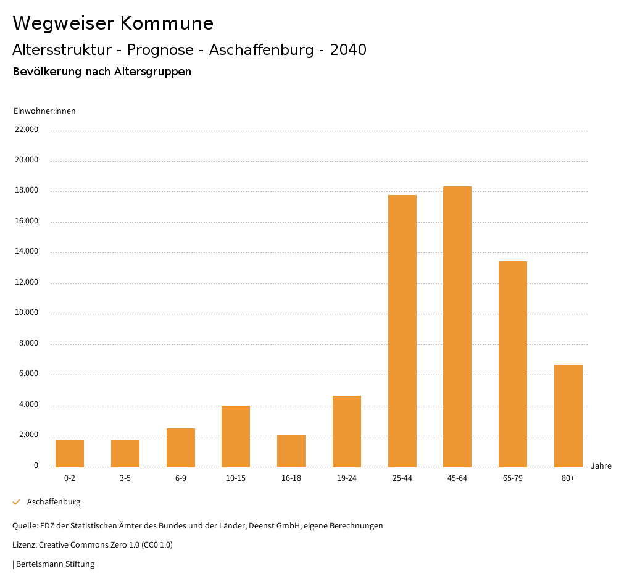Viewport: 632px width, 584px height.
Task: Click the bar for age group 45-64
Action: pyautogui.click(x=457, y=327)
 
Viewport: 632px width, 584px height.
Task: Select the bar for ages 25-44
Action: pyautogui.click(x=402, y=331)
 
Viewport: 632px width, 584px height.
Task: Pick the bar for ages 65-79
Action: pyautogui.click(x=513, y=364)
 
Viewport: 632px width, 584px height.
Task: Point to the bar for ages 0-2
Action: pyautogui.click(x=70, y=453)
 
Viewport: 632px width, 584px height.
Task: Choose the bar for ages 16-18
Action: pyautogui.click(x=291, y=451)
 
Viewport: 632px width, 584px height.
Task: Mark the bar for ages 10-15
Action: pyautogui.click(x=236, y=436)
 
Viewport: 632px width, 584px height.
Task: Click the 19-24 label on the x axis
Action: pyautogui.click(x=347, y=478)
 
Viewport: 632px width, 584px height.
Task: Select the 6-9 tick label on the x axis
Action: pyautogui.click(x=181, y=478)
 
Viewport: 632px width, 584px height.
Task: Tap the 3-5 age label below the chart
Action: pyautogui.click(x=125, y=478)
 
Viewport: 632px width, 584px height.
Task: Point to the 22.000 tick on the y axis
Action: pyautogui.click(x=27, y=130)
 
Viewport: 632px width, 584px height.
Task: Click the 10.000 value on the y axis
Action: pyautogui.click(x=27, y=312)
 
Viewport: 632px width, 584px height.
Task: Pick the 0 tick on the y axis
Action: pyautogui.click(x=36, y=465)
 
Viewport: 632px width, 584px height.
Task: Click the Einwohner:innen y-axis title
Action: pyautogui.click(x=44, y=111)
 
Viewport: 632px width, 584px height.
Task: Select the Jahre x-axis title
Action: pyautogui.click(x=601, y=466)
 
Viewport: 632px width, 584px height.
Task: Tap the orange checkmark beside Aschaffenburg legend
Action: pyautogui.click(x=17, y=502)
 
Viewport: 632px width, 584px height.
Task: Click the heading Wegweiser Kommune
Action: pyautogui.click(x=113, y=23)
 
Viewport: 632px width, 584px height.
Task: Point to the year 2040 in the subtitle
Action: pyautogui.click(x=348, y=50)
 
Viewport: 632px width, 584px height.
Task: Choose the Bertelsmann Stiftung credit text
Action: pyautogui.click(x=55, y=564)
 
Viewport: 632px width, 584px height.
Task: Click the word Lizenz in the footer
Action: pyautogui.click(x=24, y=545)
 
